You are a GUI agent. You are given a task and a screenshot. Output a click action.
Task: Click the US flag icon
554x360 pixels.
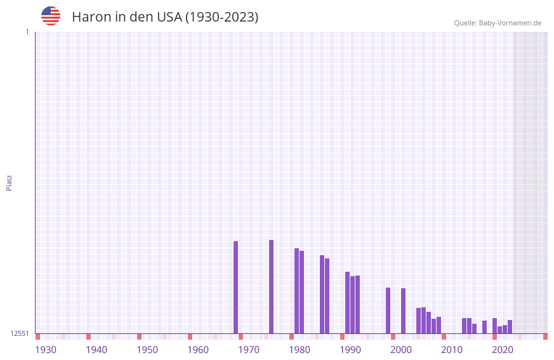[51, 16]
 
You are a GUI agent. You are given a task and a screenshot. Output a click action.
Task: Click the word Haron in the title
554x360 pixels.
[91, 17]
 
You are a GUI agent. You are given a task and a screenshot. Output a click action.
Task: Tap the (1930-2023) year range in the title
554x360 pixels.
[221, 17]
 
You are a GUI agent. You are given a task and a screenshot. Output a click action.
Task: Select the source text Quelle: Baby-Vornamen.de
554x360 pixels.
[498, 23]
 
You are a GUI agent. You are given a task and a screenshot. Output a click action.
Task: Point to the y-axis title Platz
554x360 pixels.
[9, 182]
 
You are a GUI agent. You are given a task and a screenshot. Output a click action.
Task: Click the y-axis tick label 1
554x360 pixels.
[27, 32]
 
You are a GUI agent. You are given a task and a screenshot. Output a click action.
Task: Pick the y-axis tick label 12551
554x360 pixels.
[20, 333]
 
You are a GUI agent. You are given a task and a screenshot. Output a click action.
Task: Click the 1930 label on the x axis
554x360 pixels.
[46, 350]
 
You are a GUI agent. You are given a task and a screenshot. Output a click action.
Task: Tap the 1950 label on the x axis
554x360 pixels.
[147, 350]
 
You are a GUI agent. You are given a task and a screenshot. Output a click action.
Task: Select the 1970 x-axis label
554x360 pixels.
[249, 350]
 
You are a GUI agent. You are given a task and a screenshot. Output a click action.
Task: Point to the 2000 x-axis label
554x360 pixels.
[401, 350]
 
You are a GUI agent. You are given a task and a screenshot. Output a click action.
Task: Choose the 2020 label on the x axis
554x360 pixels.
[503, 350]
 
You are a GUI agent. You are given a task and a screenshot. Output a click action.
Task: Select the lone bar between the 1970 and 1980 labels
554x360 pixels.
[271, 286]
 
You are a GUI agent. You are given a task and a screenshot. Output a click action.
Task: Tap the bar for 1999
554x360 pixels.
[388, 310]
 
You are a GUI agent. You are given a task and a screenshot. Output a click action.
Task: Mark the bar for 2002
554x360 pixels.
[403, 310]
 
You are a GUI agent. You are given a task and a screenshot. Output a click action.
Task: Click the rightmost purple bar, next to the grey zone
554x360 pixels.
[510, 326]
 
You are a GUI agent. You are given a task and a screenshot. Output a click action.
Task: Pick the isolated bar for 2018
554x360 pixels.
[484, 327]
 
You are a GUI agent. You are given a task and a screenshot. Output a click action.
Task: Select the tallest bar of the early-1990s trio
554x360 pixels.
[347, 302]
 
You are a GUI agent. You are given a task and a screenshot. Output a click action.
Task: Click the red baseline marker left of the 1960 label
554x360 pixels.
[190, 337]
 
